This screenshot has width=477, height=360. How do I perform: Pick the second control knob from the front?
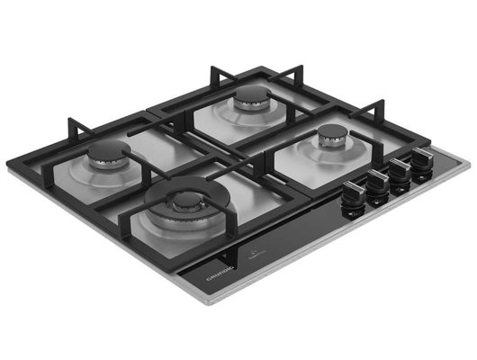[377, 184]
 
